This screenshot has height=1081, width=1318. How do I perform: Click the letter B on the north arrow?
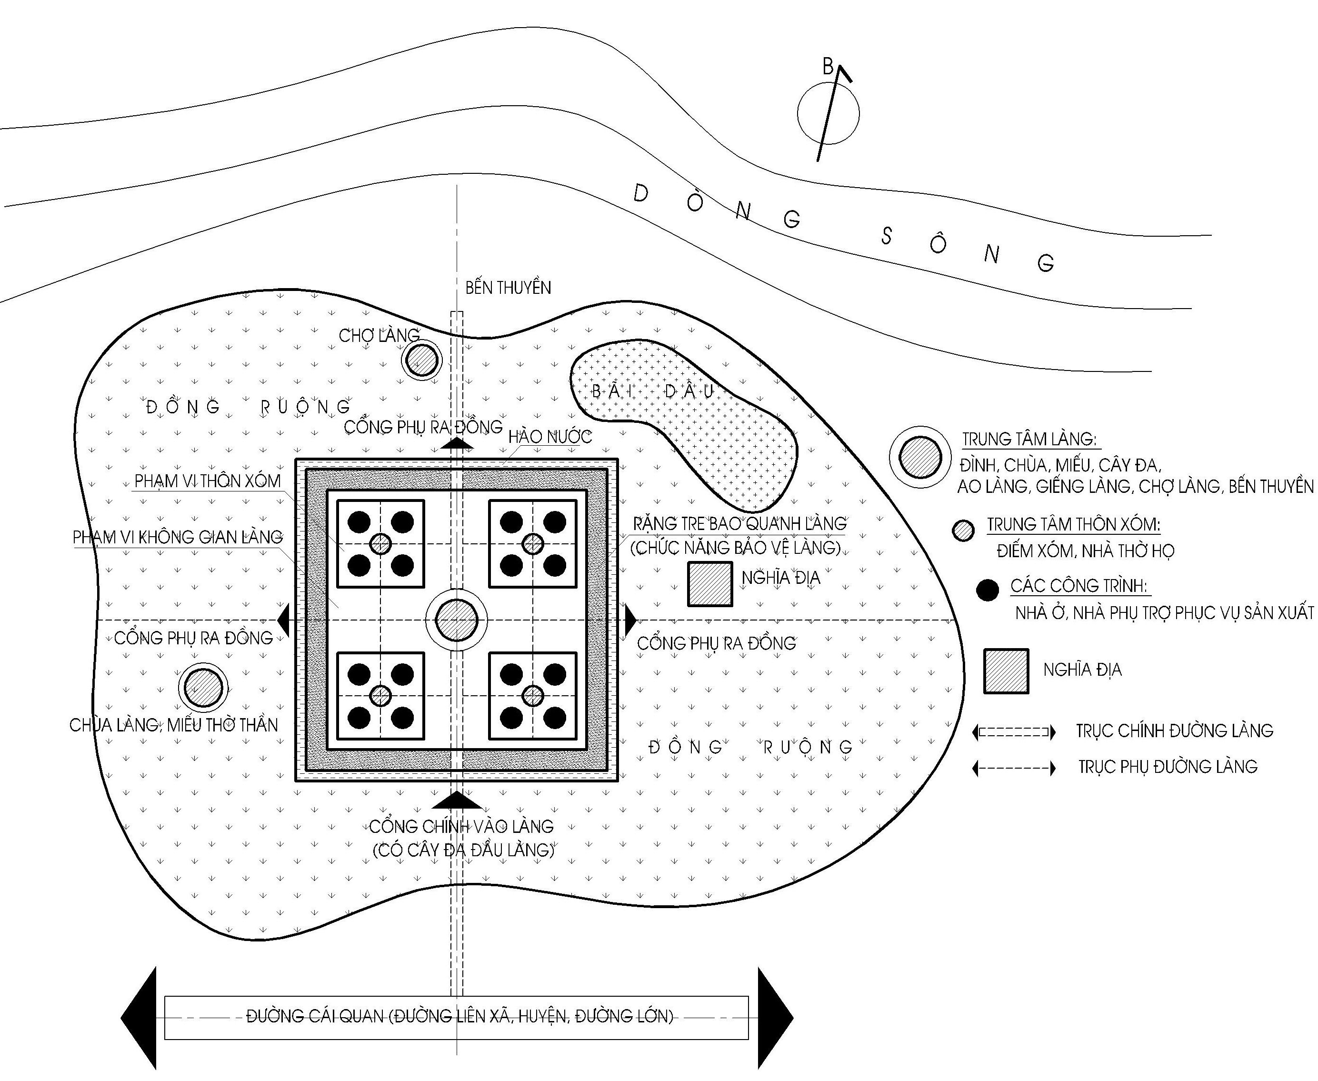coord(828,66)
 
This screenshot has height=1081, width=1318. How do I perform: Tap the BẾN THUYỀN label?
coord(508,288)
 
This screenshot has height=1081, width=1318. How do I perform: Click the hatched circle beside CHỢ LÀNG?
coord(421,360)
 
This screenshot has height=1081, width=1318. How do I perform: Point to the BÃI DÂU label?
coord(652,391)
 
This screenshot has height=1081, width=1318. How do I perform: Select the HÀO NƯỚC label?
coord(550,437)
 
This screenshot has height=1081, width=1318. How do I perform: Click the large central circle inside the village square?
coord(456,620)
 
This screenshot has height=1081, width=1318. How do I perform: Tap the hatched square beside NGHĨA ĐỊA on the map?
coord(710,584)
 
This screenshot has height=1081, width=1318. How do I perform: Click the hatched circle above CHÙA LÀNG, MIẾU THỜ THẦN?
coord(204,688)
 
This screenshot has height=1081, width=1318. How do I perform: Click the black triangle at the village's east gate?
coord(630,620)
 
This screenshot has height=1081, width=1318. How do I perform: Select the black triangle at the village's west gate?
coord(284,620)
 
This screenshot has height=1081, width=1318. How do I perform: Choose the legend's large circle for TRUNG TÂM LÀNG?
coord(920,458)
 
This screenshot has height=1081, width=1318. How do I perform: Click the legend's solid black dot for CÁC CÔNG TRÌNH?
coord(988,590)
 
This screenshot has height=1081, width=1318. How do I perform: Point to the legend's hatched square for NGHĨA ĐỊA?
coord(1006,671)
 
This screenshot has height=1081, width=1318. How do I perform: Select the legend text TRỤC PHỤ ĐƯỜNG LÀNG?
coord(1168,767)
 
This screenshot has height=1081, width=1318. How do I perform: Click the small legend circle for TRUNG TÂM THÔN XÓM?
coord(964,530)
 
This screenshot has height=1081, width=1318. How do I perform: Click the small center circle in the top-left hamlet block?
coord(380,544)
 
